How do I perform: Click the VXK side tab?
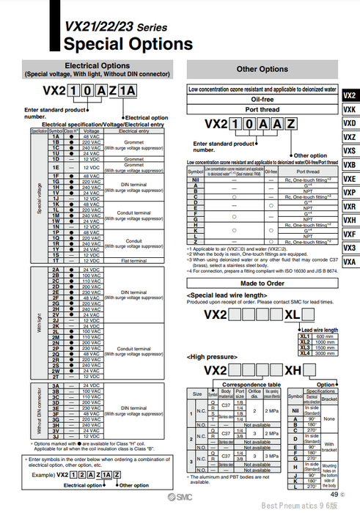click(x=349, y=109)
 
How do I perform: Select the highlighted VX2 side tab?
click(x=349, y=95)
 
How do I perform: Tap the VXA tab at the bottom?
click(x=349, y=262)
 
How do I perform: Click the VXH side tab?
click(x=349, y=220)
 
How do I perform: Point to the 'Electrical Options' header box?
click(x=98, y=69)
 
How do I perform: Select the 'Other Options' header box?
click(x=262, y=69)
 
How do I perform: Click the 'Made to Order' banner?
click(x=262, y=283)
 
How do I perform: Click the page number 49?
click(x=331, y=495)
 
